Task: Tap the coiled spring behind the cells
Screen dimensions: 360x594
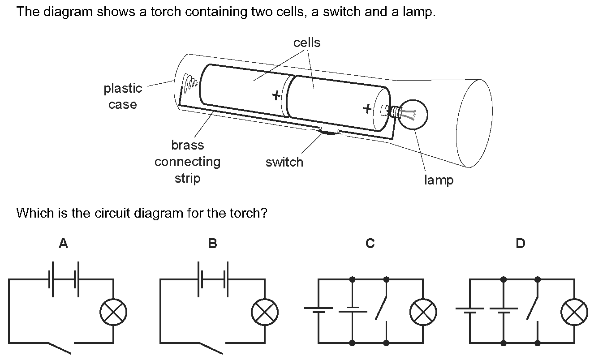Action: tap(190, 82)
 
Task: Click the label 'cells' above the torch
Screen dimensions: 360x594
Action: tap(307, 43)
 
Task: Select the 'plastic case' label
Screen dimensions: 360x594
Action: tap(123, 96)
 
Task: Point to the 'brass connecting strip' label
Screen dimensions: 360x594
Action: tap(187, 162)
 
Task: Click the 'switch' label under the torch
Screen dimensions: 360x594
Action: tap(284, 162)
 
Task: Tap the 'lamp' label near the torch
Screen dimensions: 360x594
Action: tap(439, 180)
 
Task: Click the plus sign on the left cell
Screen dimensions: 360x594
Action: tap(276, 95)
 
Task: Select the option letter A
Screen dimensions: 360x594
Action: tap(64, 244)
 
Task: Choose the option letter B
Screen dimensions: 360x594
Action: tap(212, 244)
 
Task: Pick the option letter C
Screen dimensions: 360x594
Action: tap(370, 244)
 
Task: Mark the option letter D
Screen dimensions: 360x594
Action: tap(520, 244)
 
